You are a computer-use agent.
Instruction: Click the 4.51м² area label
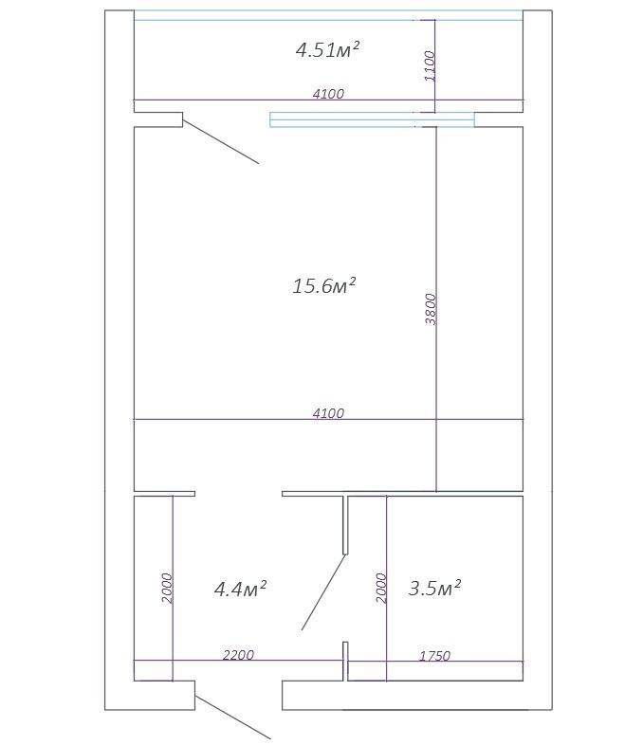[327, 49]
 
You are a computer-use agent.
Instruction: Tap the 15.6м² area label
[324, 285]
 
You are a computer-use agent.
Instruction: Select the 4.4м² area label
[240, 589]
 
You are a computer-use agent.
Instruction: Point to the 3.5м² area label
[434, 588]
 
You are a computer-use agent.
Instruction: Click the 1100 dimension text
[430, 66]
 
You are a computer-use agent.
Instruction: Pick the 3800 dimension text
[431, 309]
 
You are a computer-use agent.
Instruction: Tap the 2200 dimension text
[238, 655]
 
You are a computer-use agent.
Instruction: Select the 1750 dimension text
[434, 656]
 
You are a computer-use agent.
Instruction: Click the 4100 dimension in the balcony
[328, 94]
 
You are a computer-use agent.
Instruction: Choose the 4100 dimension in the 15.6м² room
[328, 413]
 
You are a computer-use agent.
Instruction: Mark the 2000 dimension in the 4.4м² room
[167, 589]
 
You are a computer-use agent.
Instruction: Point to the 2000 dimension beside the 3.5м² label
[381, 589]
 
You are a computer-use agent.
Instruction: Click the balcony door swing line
[221, 141]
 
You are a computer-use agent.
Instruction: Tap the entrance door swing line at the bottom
[233, 718]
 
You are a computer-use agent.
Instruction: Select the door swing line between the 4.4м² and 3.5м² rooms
[323, 592]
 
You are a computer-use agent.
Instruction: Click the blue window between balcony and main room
[372, 119]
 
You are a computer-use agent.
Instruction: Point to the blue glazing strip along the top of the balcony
[328, 15]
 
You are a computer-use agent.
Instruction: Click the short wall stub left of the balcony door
[158, 119]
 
